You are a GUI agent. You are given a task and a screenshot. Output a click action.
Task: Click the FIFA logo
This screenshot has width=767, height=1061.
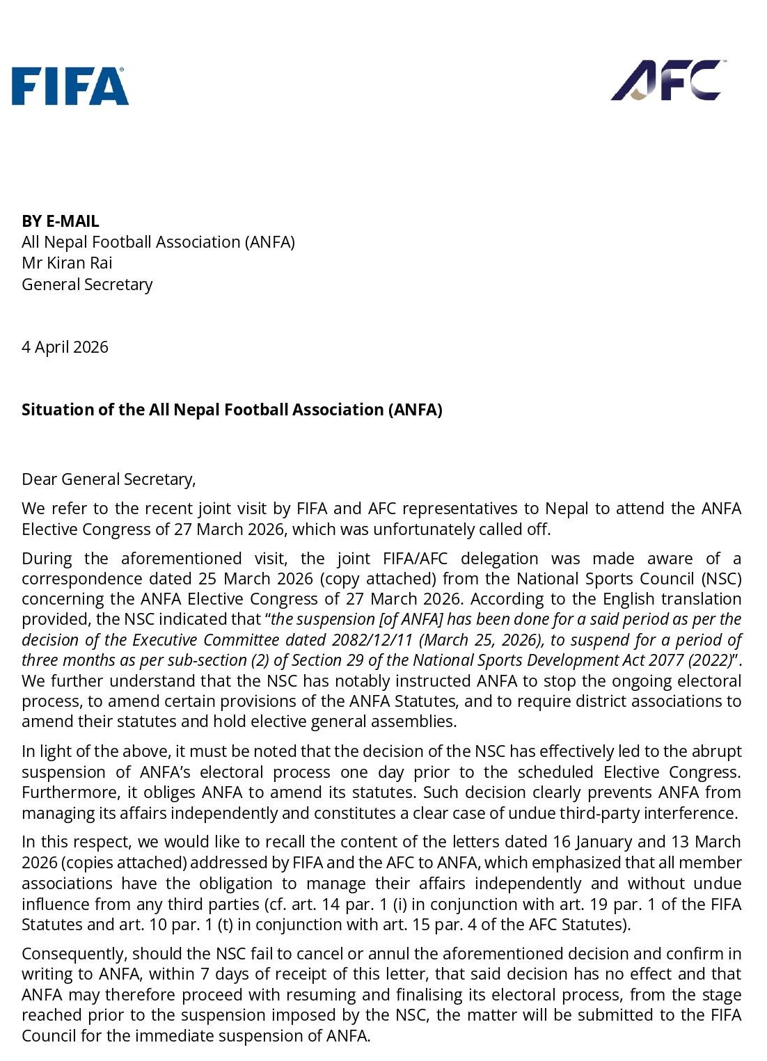tap(70, 86)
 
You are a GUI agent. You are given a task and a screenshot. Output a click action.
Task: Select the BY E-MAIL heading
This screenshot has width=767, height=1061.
tap(61, 221)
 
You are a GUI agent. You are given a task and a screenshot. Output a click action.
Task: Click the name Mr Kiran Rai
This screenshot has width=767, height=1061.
tap(67, 263)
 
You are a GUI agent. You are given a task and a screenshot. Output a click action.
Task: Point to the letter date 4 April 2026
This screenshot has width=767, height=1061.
tap(65, 347)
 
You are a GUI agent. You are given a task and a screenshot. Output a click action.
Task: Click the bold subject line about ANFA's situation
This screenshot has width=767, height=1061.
tap(232, 410)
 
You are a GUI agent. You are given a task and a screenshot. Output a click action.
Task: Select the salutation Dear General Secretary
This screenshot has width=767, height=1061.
tap(109, 479)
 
